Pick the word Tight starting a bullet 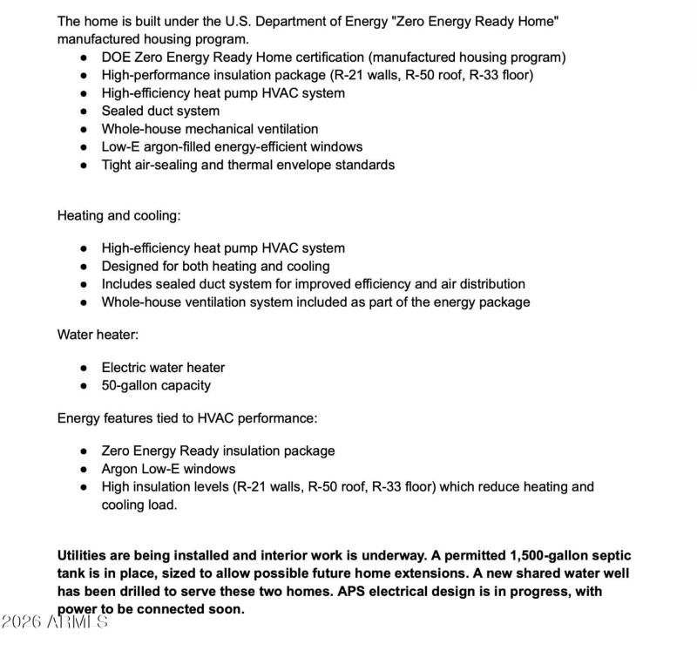pyautogui.click(x=118, y=165)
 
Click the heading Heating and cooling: pyautogui.click(x=119, y=215)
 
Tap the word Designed pyautogui.click(x=130, y=267)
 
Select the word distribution pyautogui.click(x=489, y=284)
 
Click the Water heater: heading pyautogui.click(x=98, y=335)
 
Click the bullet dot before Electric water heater pyautogui.click(x=84, y=368)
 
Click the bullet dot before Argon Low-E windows pyautogui.click(x=84, y=469)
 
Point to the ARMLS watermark pyautogui.click(x=55, y=622)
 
